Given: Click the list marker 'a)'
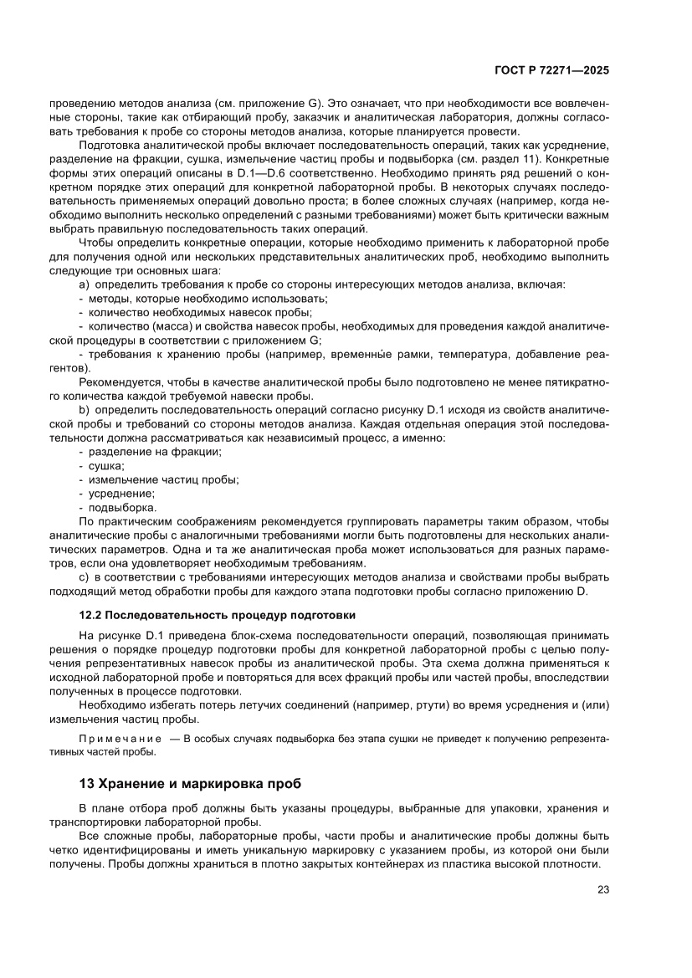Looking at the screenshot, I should [x=84, y=284].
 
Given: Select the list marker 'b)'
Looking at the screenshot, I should [x=84, y=412].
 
